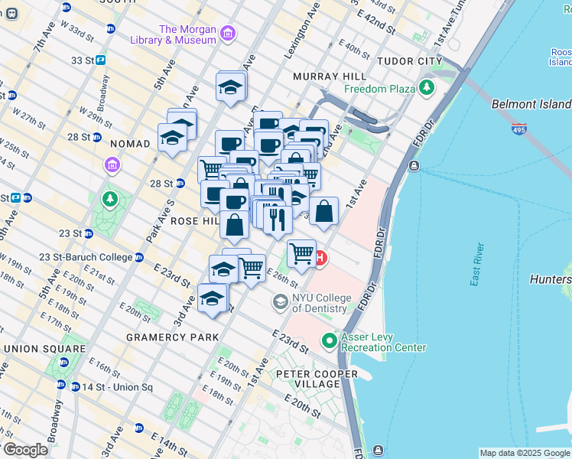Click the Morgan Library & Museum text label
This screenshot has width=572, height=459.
pyautogui.click(x=187, y=35)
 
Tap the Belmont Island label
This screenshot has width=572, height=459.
pyautogui.click(x=531, y=103)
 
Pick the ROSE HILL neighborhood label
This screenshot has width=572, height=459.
pyautogui.click(x=195, y=220)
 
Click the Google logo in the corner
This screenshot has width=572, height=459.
pyautogui.click(x=25, y=450)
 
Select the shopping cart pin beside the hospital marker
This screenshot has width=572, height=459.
pyautogui.click(x=302, y=252)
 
